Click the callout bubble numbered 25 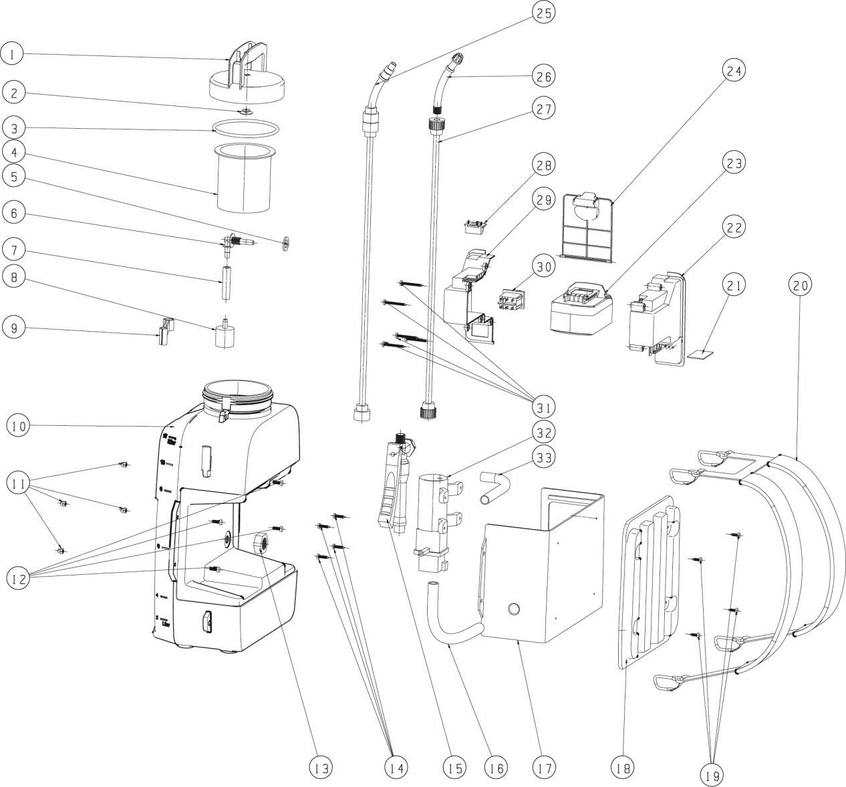[x=544, y=12]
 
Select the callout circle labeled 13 [x=321, y=768]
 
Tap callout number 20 [x=801, y=285]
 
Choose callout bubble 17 [x=544, y=768]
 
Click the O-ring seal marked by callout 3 [x=246, y=127]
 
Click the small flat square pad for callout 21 [x=702, y=354]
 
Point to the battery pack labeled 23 [x=579, y=309]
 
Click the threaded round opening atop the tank [x=237, y=390]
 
